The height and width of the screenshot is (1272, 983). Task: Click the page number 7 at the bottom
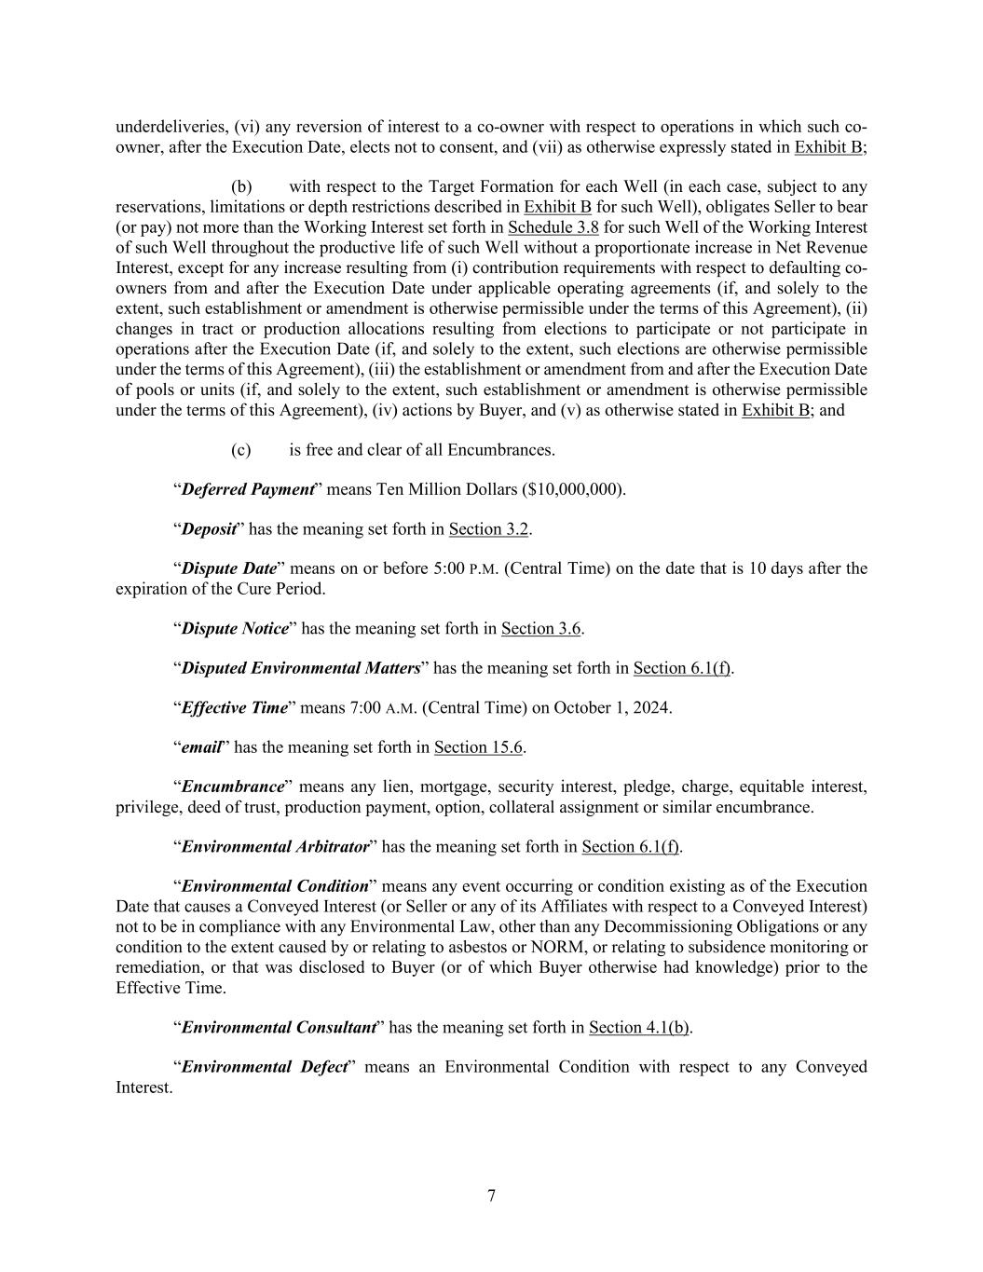pos(491,1197)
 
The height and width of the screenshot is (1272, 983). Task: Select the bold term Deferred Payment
pos(247,489)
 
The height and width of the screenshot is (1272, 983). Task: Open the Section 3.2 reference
pos(488,529)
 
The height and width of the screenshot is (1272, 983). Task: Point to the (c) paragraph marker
pos(241,450)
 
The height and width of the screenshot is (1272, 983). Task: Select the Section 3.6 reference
pos(540,629)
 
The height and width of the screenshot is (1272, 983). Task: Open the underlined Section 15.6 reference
pos(478,747)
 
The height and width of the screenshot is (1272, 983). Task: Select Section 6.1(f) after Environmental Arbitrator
pos(630,847)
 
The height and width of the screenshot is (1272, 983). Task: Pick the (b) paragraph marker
pos(241,187)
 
